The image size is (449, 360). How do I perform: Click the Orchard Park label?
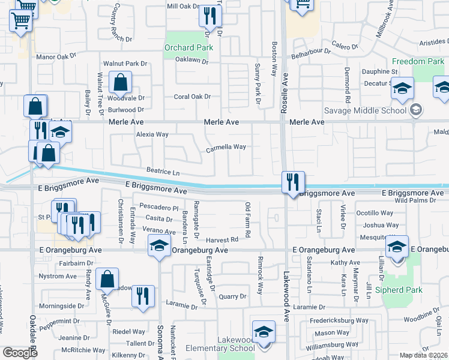pos(188,47)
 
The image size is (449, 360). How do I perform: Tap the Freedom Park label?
pos(418,61)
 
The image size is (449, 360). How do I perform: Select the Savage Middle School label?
pos(366,110)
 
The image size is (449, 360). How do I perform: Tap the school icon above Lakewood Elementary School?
pos(264,331)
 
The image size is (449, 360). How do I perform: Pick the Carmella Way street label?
pos(226,147)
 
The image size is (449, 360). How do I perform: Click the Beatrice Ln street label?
pos(159,172)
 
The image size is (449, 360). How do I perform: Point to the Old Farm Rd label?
pos(247,218)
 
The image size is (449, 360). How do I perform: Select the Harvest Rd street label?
pos(218,239)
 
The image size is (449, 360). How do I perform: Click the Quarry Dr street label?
pos(232,296)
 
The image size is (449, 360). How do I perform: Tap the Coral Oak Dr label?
pos(192,96)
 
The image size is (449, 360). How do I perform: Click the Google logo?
pos(20,353)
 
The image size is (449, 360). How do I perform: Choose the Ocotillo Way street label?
pos(374,213)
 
